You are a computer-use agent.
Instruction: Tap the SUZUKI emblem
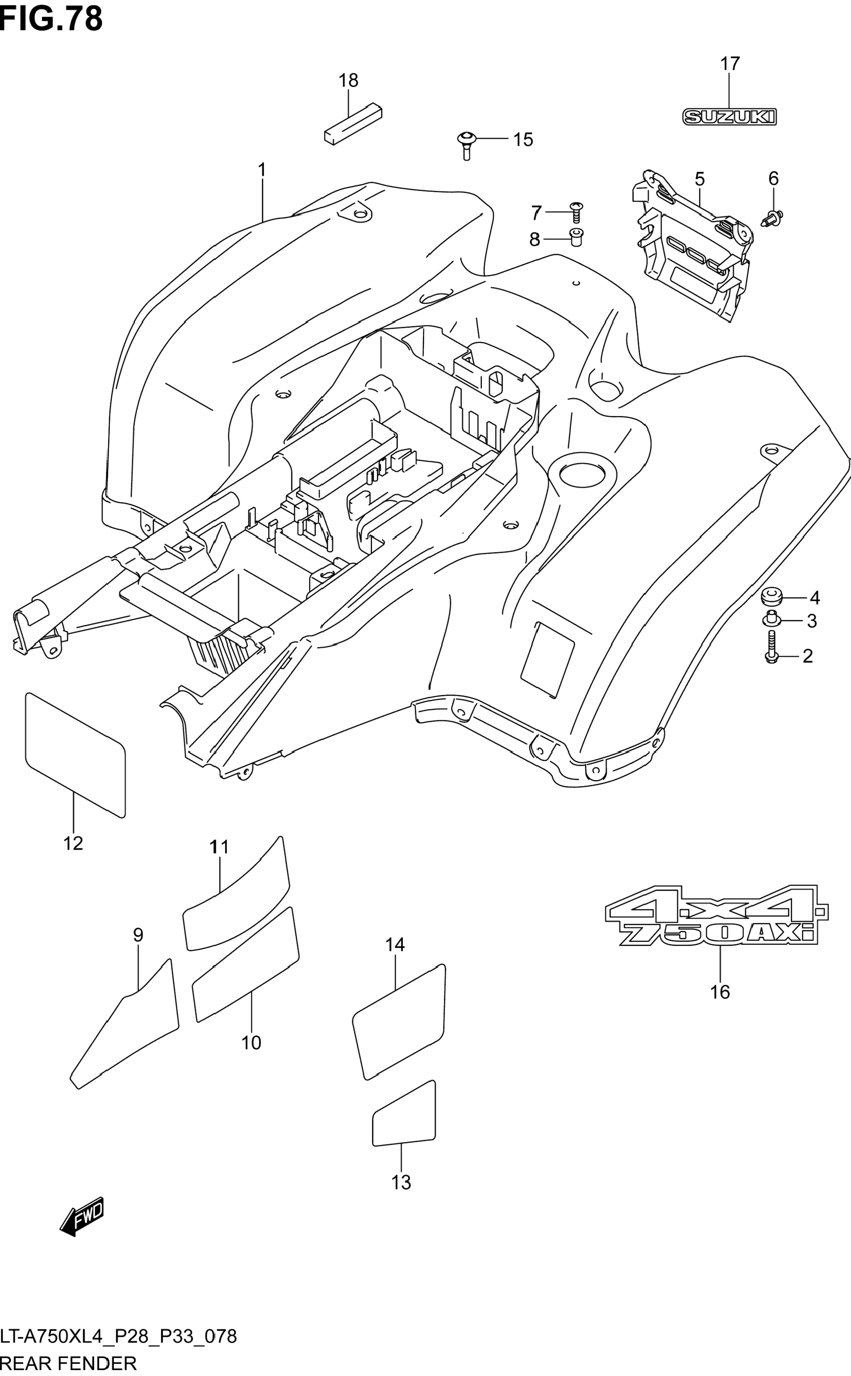click(729, 117)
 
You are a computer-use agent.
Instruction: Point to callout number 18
click(348, 80)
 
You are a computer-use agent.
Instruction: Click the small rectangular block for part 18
click(353, 124)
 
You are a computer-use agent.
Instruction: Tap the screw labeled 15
click(466, 145)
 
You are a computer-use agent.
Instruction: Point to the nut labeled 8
click(576, 237)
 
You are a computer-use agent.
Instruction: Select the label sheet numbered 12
click(75, 754)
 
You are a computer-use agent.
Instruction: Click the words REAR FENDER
click(68, 1364)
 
